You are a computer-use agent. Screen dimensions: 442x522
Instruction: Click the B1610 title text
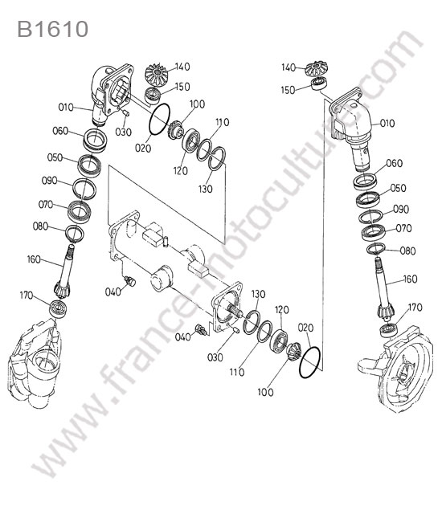(52, 29)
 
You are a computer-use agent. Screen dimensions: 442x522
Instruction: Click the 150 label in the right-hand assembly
(288, 90)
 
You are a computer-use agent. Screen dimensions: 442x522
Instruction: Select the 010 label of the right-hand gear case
(387, 123)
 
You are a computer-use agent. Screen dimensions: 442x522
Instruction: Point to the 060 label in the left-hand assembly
(60, 131)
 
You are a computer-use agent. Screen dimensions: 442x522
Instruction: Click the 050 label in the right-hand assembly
(398, 188)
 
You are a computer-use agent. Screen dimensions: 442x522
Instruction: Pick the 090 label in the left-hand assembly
(49, 181)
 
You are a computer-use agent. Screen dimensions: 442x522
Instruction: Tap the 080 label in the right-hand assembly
(407, 251)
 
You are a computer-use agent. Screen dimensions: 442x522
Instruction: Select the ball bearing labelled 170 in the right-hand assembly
(389, 329)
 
